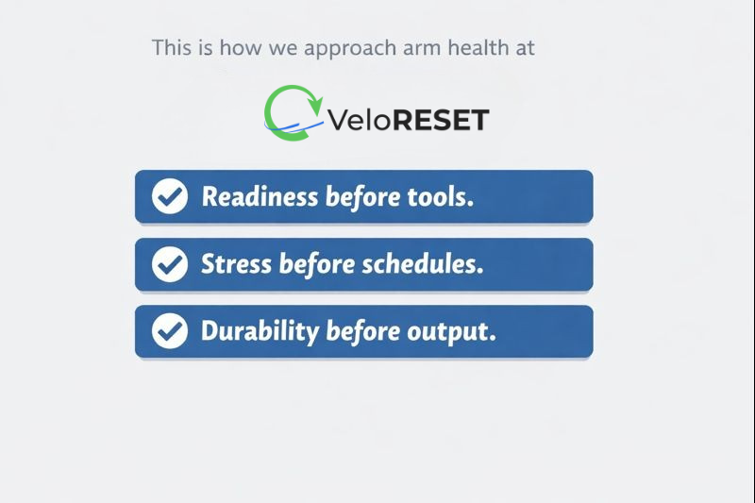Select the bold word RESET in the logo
439,121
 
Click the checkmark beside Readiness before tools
170,197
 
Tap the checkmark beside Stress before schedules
170,264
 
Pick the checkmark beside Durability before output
170,331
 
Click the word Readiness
260,197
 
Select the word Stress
236,264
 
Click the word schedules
432,264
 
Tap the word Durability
260,331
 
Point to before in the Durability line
363,331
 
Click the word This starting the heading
172,46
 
